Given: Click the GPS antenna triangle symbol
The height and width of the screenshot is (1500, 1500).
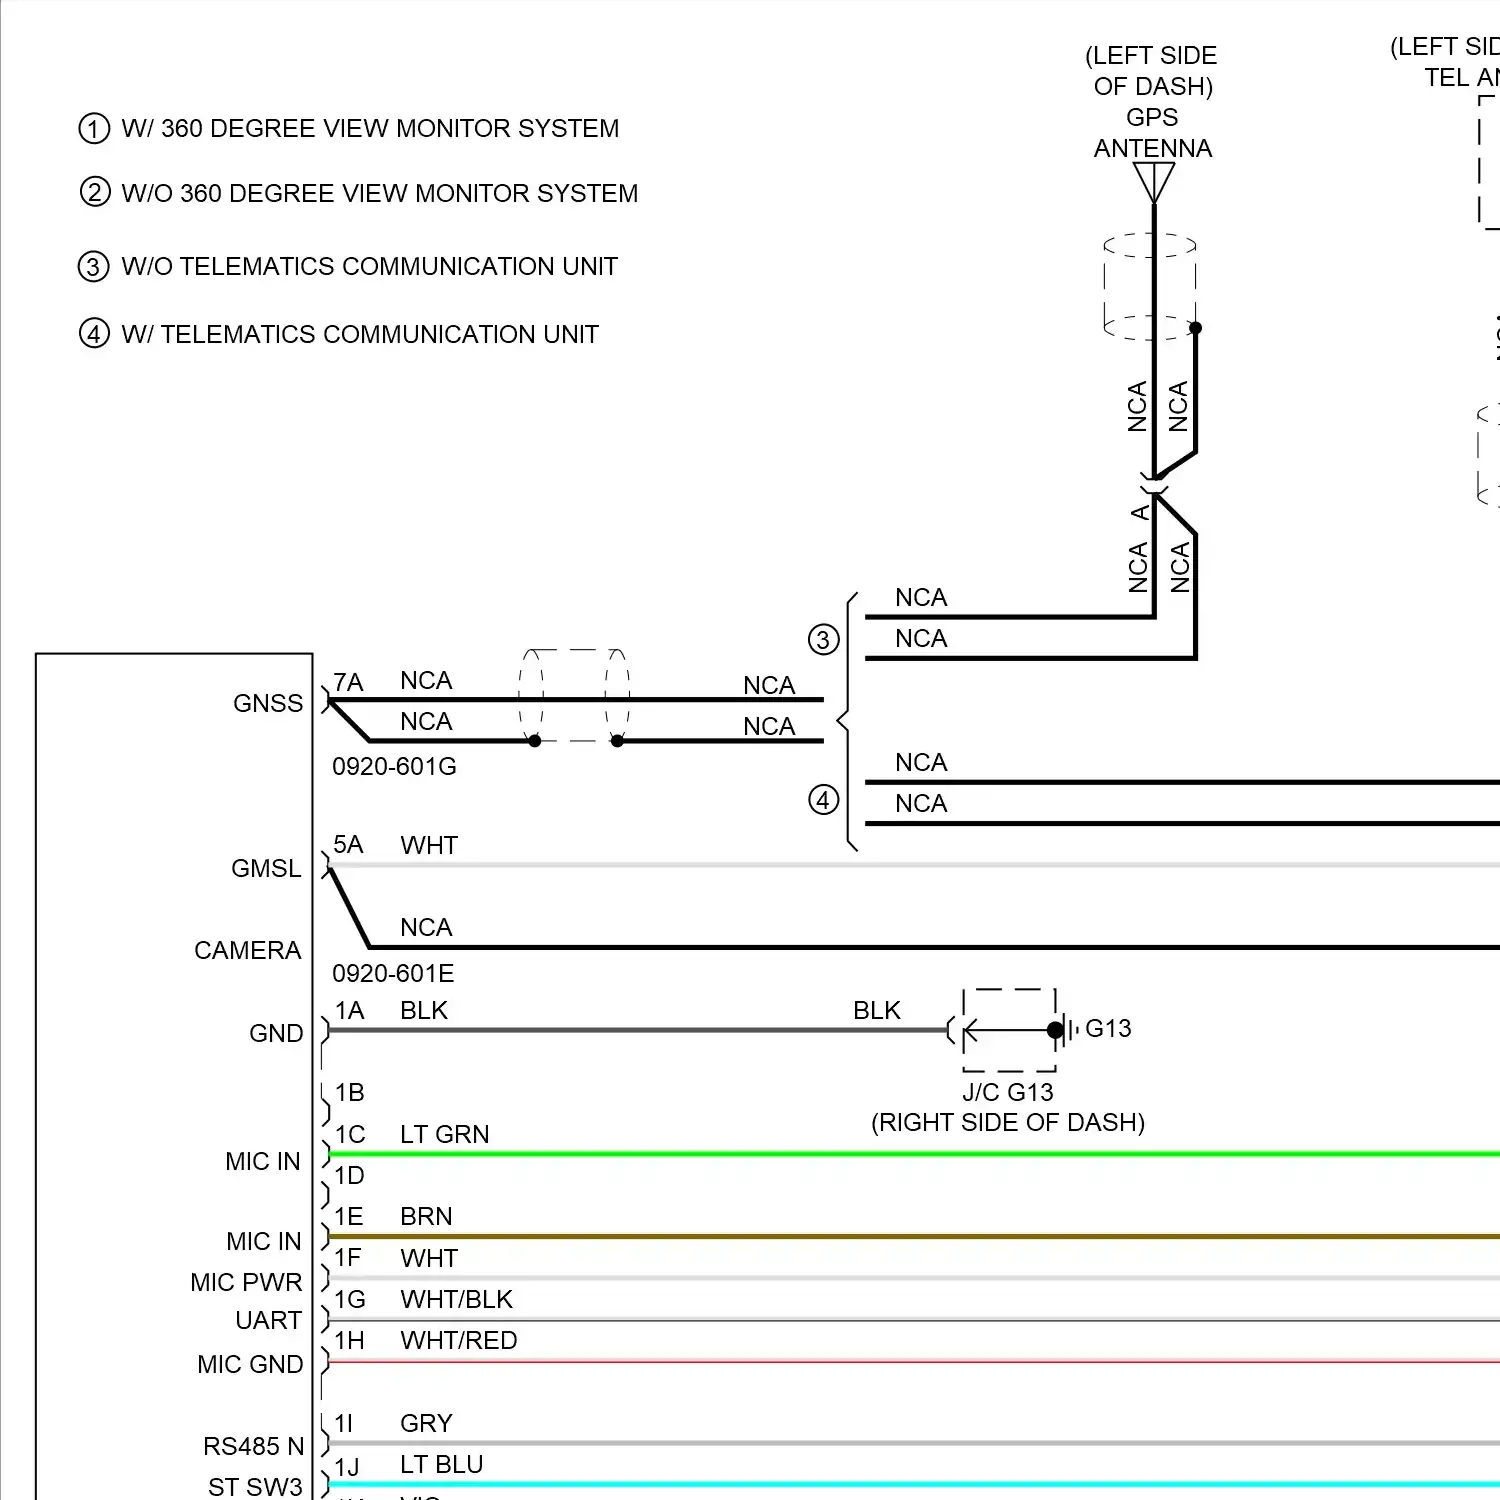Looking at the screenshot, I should click(1154, 181).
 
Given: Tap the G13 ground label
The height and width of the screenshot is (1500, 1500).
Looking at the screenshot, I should click(1108, 1029).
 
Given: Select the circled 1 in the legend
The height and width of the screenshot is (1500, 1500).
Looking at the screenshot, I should click(94, 129).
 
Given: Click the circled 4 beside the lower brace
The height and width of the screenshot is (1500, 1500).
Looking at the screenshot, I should click(823, 800).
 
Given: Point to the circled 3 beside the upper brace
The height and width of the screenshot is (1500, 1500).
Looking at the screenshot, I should click(823, 640).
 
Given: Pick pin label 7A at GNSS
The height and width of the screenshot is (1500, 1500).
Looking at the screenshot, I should click(348, 683).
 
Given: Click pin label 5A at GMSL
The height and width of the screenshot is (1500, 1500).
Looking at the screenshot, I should click(348, 845).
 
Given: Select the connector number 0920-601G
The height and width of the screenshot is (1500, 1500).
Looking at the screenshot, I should click(394, 767).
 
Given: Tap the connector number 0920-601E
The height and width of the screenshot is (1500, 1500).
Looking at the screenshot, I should click(393, 973).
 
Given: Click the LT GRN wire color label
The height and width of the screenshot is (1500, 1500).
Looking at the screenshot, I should click(444, 1135).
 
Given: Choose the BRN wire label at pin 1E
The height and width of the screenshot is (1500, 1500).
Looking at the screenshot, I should click(426, 1217).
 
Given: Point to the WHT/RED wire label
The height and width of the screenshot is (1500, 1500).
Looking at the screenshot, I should click(458, 1341).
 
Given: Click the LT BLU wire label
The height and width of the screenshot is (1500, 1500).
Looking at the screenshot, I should click(441, 1465).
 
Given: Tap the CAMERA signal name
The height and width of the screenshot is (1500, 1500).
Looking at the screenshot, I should click(247, 951).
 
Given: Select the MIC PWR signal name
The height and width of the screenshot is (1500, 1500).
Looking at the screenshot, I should click(246, 1283).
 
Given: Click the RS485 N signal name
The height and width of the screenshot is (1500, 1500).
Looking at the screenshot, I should click(253, 1447).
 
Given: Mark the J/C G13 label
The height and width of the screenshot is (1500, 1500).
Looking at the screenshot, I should click(1008, 1093).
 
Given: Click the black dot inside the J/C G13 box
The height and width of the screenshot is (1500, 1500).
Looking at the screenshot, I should click(1055, 1030).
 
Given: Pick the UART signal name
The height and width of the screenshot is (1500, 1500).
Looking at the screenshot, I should click(268, 1321).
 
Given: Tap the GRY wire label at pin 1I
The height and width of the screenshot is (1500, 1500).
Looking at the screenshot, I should click(426, 1424).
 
